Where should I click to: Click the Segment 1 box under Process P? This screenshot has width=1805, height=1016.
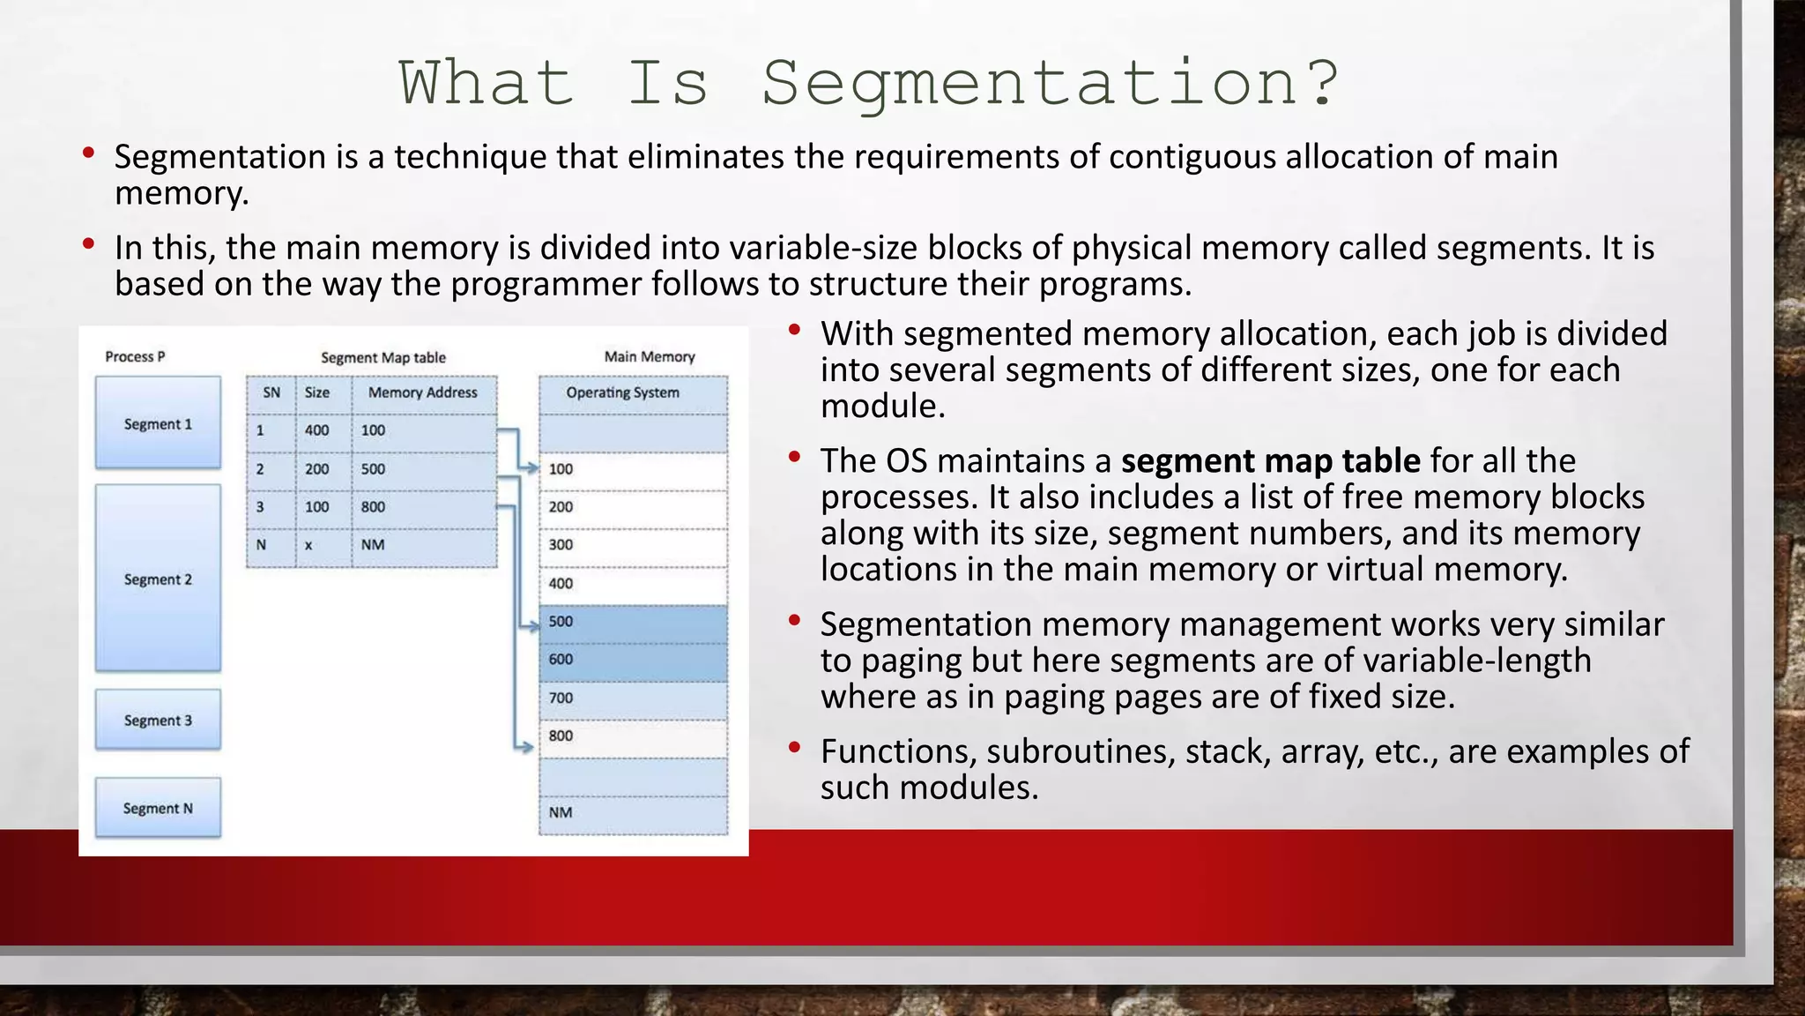pos(158,423)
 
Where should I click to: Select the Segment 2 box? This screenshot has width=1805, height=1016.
pos(158,579)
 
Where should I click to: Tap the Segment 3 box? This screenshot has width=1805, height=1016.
pos(158,720)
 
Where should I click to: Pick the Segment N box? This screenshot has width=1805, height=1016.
pos(158,808)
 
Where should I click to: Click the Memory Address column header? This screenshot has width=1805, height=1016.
pos(423,392)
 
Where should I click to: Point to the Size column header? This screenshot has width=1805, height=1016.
pos(317,392)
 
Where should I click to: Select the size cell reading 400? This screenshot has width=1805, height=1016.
pos(317,430)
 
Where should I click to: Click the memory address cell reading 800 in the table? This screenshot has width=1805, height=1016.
pos(373,507)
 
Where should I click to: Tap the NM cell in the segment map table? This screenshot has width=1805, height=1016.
pos(373,545)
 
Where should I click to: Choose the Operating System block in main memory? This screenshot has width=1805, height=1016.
pos(623,392)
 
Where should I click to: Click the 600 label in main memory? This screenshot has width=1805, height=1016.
pos(561,660)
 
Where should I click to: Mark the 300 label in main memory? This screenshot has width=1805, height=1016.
pos(561,545)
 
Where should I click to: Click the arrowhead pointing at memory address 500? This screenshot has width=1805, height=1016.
pos(532,627)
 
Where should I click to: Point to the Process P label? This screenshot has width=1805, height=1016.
pos(135,356)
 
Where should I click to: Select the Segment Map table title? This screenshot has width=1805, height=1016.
pos(383,357)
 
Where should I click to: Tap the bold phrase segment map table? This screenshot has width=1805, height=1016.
pos(1270,461)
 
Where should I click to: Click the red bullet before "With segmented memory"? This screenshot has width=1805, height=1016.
pos(794,330)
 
